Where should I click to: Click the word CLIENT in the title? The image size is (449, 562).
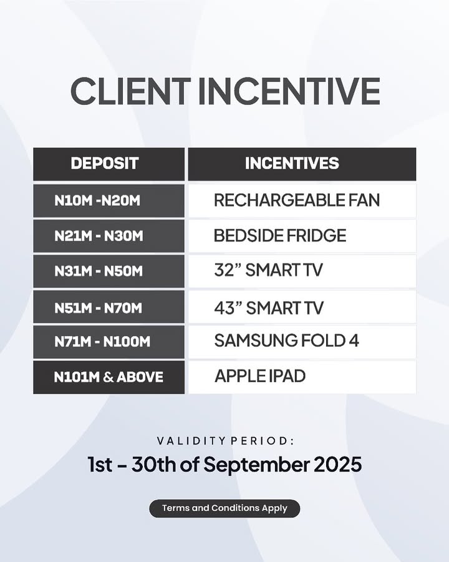pos(130,91)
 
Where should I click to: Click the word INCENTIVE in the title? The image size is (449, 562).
pos(289,91)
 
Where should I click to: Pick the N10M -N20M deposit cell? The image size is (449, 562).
pos(109,200)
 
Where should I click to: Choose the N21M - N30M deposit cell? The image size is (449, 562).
pos(109,236)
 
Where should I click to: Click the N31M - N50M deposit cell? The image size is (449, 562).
pos(109,271)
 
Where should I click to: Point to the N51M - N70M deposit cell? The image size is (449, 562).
pos(109,307)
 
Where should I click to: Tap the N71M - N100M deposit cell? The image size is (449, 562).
pos(109,342)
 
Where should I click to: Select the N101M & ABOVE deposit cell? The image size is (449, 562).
pos(109,377)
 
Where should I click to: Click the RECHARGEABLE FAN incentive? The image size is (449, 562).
pos(297,200)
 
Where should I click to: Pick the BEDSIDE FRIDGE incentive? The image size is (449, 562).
pos(280,235)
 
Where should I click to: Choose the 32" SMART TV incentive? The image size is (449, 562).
pos(269,270)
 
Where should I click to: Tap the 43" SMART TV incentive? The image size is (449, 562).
pos(269,308)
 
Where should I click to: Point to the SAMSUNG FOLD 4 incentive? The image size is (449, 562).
pos(286,340)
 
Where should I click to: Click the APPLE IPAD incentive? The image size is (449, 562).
pos(260,376)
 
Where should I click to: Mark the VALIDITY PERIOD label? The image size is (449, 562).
pos(225,441)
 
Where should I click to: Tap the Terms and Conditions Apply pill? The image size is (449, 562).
pos(224,508)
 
